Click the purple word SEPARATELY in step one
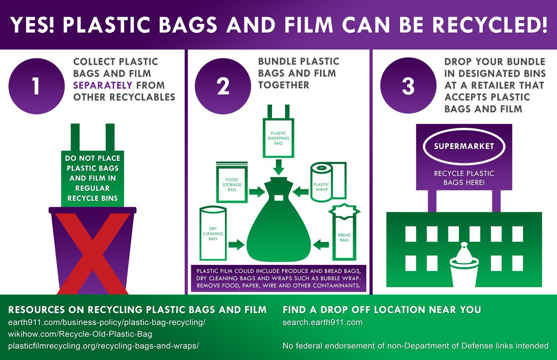[x=102, y=85]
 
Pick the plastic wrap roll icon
[x=328, y=181]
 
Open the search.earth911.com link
[x=322, y=322]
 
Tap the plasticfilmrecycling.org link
[x=104, y=346]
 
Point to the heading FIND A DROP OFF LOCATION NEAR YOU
[x=382, y=309]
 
